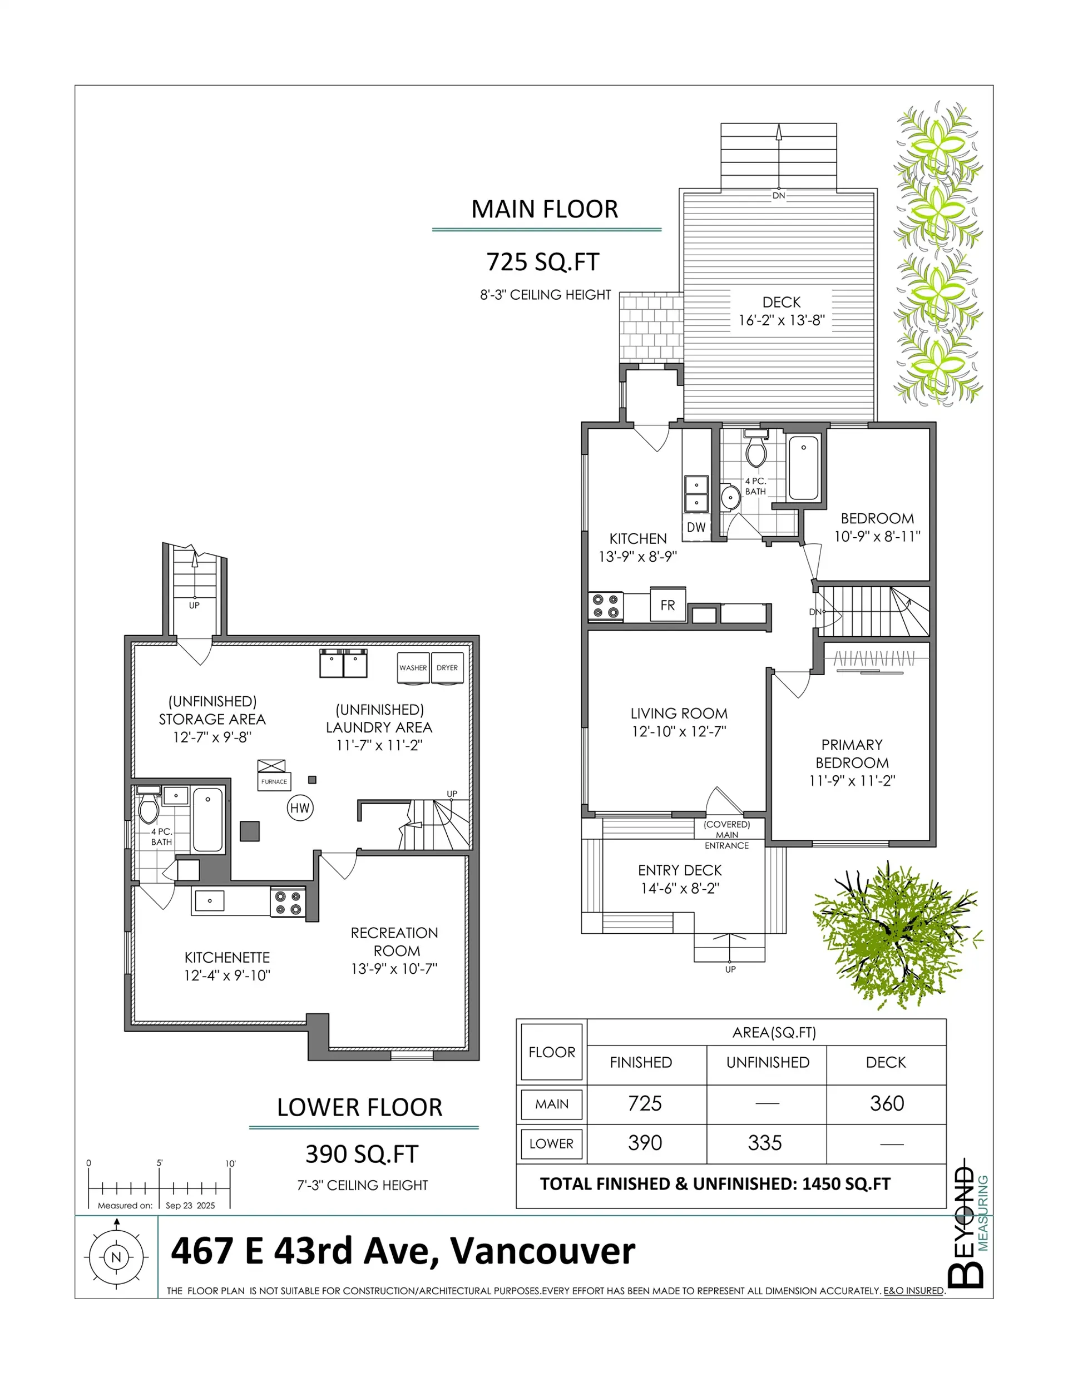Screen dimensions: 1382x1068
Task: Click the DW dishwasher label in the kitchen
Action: coord(696,527)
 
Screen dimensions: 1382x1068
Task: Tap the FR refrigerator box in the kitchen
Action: coord(667,605)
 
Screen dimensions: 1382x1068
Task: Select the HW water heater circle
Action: coord(300,808)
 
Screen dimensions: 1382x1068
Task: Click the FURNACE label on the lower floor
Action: coord(274,781)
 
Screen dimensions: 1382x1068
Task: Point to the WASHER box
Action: coord(413,667)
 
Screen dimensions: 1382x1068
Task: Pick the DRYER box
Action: coord(447,667)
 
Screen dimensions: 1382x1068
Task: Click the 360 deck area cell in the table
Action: coord(886,1103)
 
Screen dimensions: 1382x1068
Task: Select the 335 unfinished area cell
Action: coord(765,1143)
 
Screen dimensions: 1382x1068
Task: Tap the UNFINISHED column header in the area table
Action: coord(767,1062)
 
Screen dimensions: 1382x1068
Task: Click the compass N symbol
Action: coord(116,1257)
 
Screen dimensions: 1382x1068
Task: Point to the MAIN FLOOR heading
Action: coord(545,210)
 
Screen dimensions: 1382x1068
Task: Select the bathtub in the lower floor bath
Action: coord(207,819)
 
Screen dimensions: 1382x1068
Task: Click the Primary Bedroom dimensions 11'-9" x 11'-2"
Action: coord(852,781)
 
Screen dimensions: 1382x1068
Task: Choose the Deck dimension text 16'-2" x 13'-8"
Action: coord(781,320)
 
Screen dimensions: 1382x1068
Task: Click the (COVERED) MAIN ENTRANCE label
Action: coord(727,835)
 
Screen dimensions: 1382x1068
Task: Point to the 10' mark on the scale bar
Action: coord(230,1163)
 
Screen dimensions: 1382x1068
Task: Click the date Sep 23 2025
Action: coord(190,1206)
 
